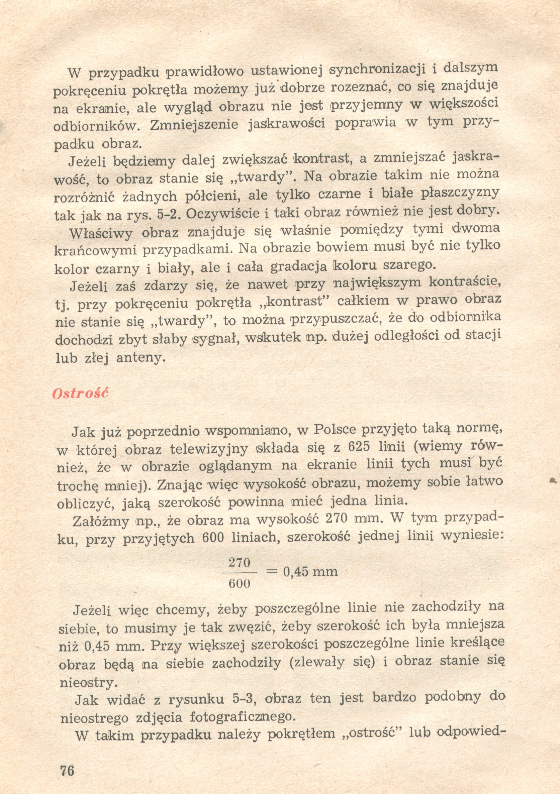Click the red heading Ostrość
tap(80, 394)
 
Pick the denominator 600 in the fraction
tap(240, 584)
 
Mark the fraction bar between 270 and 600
tap(240, 573)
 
